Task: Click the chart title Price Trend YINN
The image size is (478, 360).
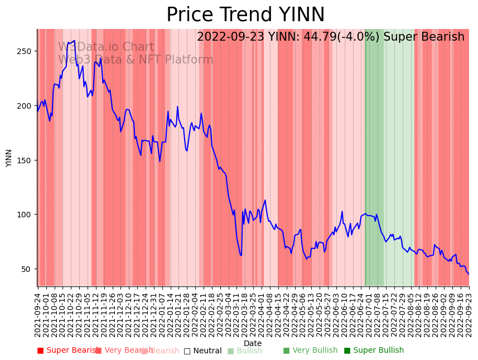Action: tap(245, 15)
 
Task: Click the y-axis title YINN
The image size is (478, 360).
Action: tap(9, 158)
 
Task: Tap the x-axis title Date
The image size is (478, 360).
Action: tap(253, 343)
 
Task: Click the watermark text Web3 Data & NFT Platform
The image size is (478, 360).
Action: tap(136, 60)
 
